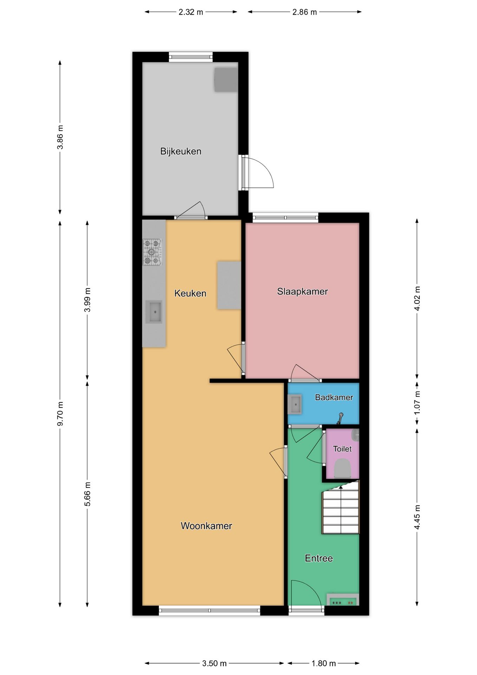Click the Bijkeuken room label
click(181, 152)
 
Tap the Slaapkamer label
click(302, 291)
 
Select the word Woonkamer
click(206, 526)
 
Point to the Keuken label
click(190, 293)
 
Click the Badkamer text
click(334, 397)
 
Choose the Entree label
click(319, 558)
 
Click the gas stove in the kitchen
click(152, 252)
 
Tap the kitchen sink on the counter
click(154, 312)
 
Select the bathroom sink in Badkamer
click(295, 404)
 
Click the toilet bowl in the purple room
click(342, 468)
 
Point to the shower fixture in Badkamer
click(340, 418)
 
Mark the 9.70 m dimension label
click(60, 413)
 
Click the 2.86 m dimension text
click(305, 12)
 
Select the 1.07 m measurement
click(417, 403)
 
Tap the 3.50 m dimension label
click(214, 663)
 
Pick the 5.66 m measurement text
click(87, 494)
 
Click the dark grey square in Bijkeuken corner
click(226, 80)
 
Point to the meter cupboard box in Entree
click(343, 600)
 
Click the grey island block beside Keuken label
click(229, 285)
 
